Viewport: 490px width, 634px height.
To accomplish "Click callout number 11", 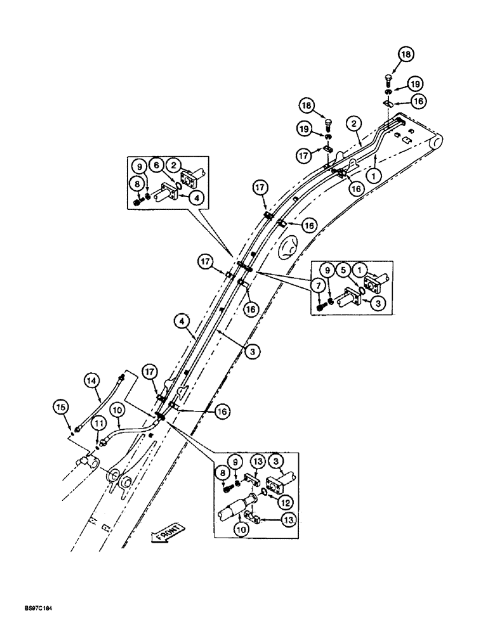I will tap(98, 420).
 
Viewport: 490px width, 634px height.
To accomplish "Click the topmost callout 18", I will tap(406, 55).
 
